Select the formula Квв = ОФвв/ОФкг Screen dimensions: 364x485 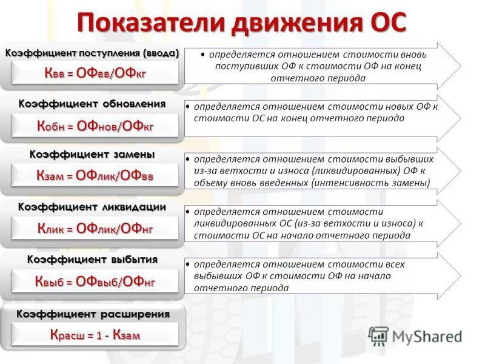coord(96,73)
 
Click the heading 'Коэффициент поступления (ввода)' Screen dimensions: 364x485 coord(92,53)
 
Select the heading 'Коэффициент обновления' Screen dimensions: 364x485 coord(92,104)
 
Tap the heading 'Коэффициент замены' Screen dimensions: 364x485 coord(92,155)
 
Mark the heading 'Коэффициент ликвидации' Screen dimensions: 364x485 coord(92,207)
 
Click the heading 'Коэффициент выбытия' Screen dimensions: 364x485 coord(92,260)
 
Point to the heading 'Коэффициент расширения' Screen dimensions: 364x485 coord(92,314)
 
